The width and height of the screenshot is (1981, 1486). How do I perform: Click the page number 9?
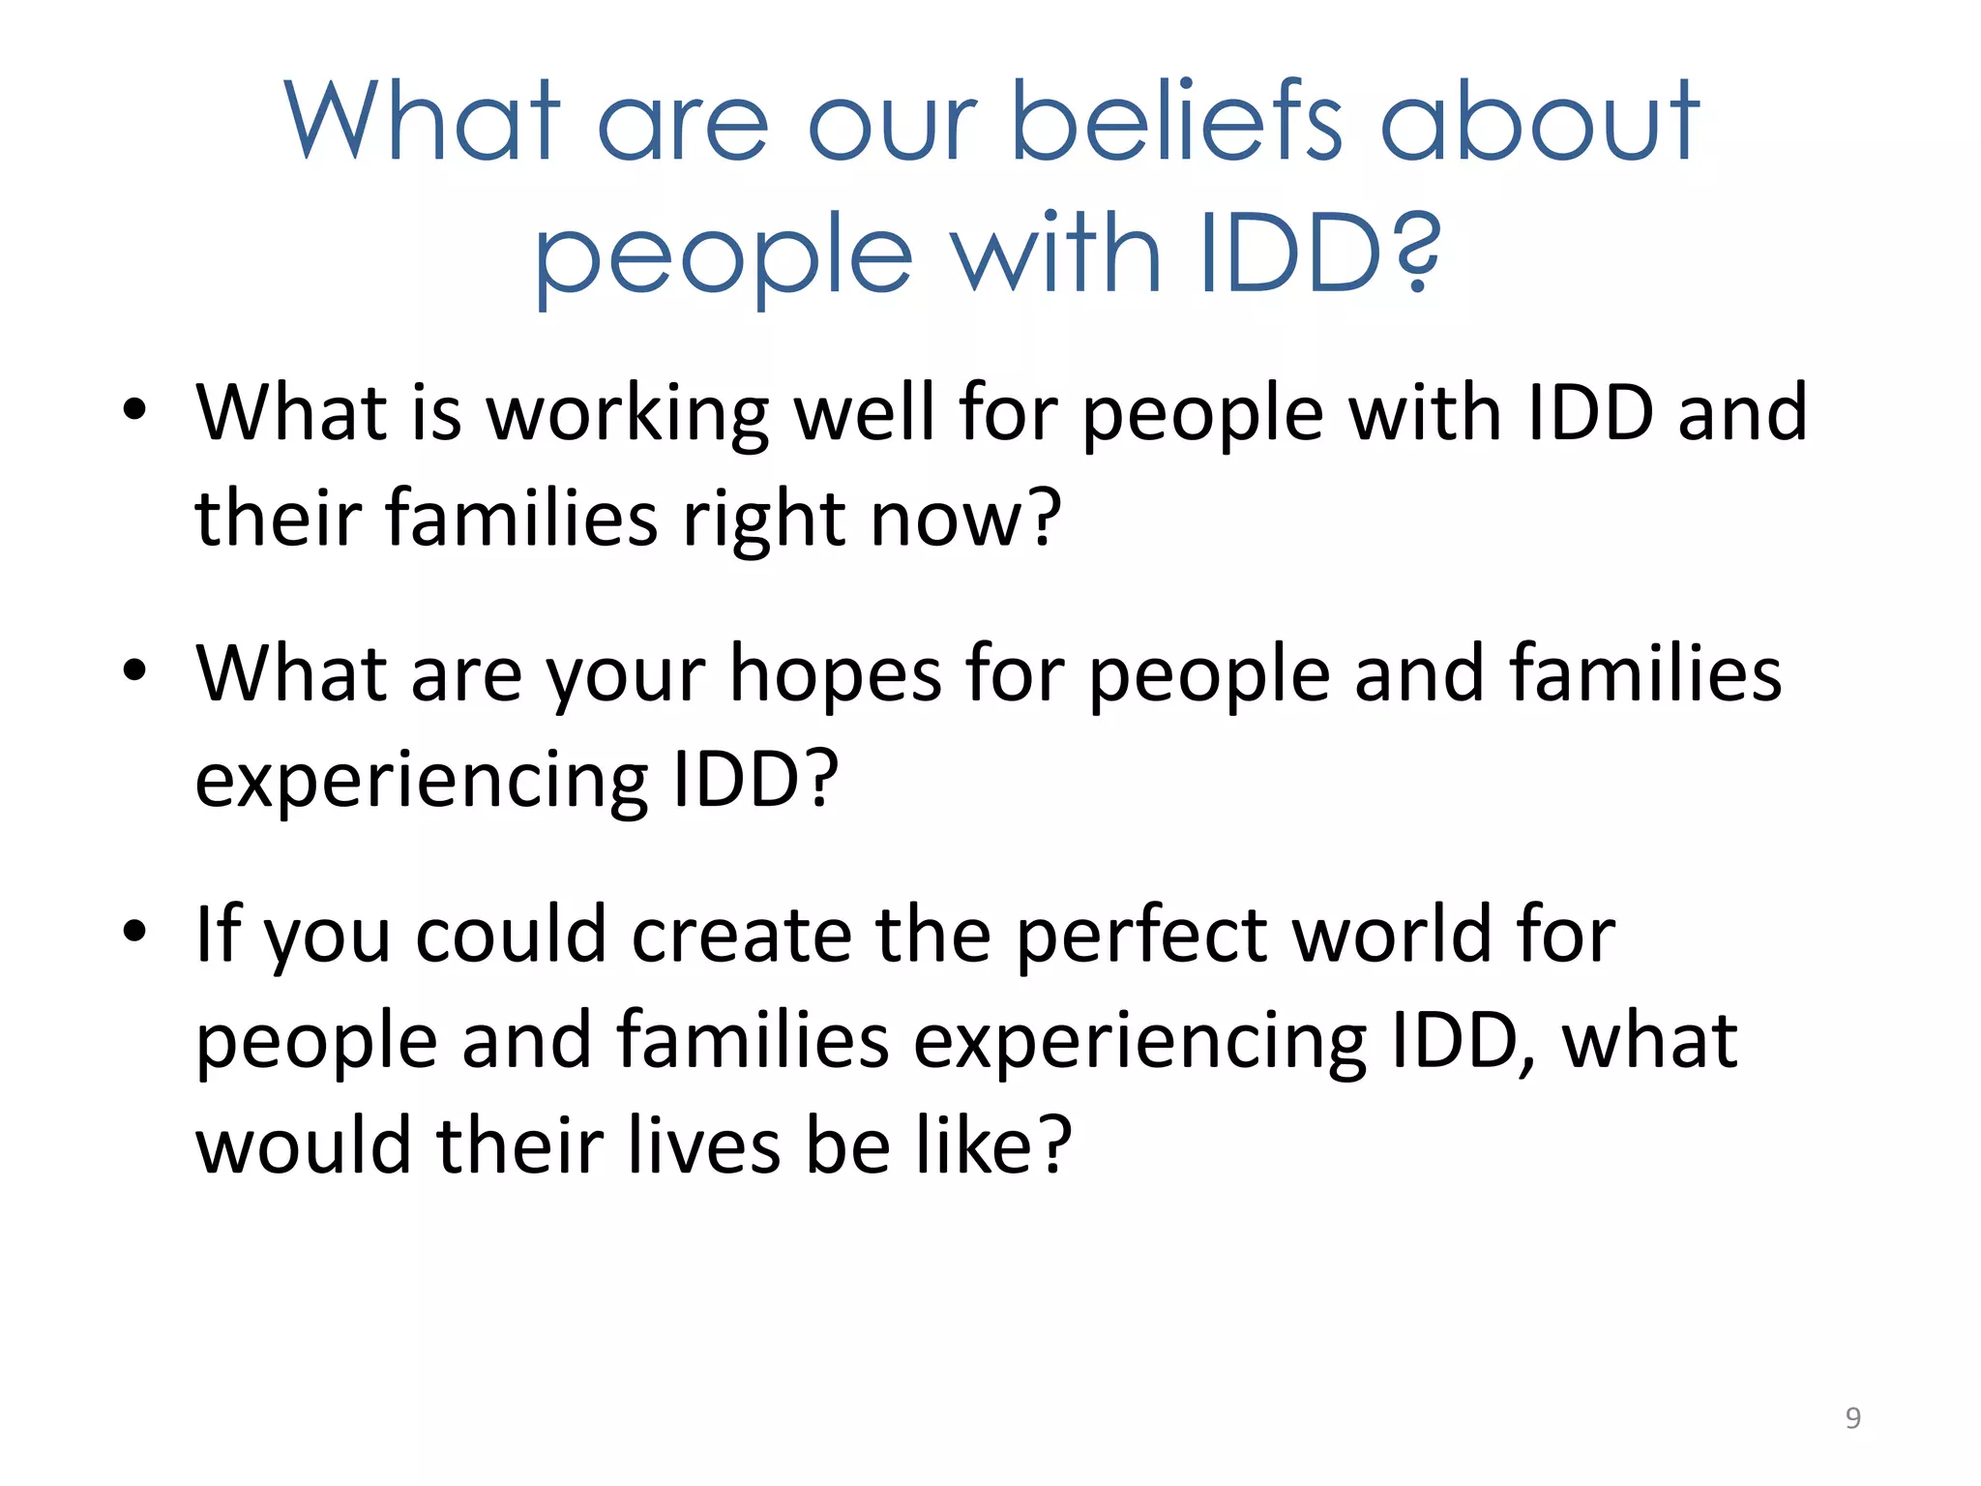1852,1417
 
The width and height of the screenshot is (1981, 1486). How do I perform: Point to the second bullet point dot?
134,669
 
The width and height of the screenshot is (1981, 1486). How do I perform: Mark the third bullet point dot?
134,931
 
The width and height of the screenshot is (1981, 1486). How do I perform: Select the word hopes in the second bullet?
835,674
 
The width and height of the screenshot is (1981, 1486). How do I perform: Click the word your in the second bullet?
626,676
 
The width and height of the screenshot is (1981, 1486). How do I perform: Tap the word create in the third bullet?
741,936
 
